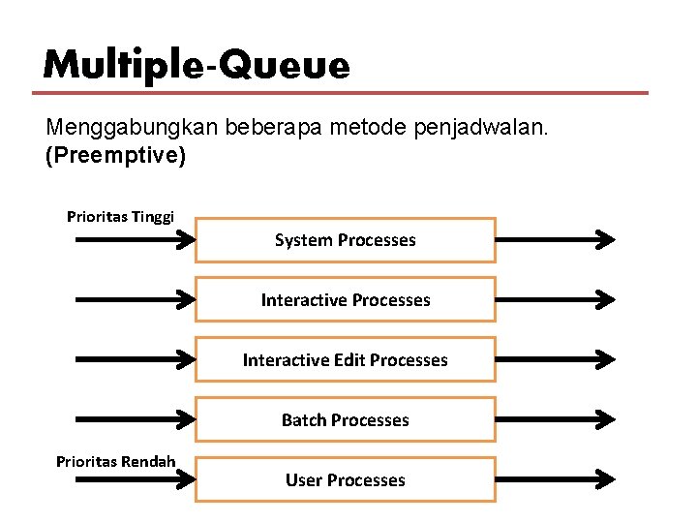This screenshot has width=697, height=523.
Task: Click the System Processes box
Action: pyautogui.click(x=345, y=240)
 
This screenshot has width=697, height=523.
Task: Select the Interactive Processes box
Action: pyautogui.click(x=345, y=300)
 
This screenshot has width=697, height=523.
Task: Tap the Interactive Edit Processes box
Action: pyautogui.click(x=345, y=360)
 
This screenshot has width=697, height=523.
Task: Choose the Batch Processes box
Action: pyautogui.click(x=345, y=420)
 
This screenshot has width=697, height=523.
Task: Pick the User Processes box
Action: pyautogui.click(x=345, y=480)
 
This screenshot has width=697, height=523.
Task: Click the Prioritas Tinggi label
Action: pyautogui.click(x=120, y=216)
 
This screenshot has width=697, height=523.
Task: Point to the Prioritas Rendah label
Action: pyautogui.click(x=116, y=461)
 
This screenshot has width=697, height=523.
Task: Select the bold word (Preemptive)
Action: pyautogui.click(x=115, y=155)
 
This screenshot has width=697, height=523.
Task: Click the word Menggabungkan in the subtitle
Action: pyautogui.click(x=134, y=128)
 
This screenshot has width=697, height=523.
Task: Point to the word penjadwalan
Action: pyautogui.click(x=489, y=128)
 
